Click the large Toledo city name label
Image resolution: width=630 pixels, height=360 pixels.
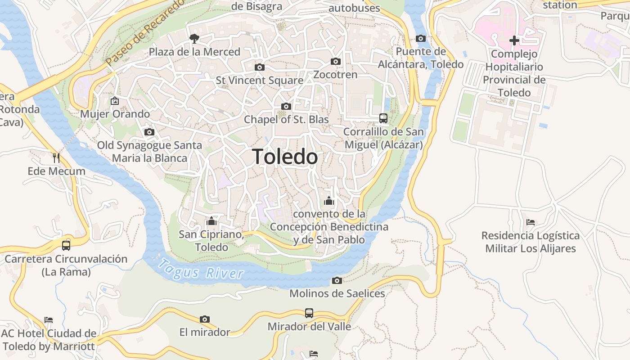(285, 157)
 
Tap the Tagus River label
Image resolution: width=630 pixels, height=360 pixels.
(201, 270)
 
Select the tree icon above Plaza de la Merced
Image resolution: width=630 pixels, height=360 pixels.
(194, 39)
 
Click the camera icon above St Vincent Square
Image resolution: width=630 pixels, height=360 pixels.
(259, 67)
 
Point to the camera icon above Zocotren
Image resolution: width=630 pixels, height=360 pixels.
(335, 61)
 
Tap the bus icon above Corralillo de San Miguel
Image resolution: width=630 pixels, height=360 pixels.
(383, 118)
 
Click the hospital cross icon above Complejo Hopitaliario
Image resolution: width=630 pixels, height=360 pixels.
(514, 41)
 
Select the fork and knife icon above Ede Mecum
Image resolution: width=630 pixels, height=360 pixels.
(56, 157)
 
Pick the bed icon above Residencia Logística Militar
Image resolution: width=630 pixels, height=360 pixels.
(530, 222)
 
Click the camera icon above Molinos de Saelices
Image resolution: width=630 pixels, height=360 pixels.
(337, 281)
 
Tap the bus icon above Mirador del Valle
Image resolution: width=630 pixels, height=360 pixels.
(309, 313)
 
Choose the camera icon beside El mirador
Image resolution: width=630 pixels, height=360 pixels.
(205, 319)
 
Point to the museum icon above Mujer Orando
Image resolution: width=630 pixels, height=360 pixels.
(115, 100)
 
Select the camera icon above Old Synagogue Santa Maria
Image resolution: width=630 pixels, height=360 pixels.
(149, 132)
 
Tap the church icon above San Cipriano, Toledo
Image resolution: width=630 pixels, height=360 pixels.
(211, 221)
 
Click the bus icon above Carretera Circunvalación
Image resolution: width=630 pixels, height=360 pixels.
(66, 245)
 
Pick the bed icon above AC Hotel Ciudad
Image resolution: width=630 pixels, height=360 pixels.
(49, 320)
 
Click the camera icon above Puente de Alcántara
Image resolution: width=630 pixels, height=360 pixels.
(420, 38)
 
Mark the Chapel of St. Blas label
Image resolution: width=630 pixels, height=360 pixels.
(286, 120)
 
